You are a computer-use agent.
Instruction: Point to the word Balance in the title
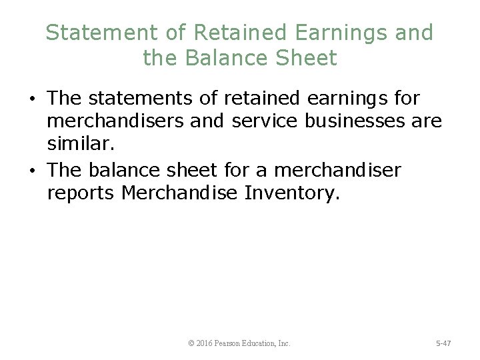point(227,58)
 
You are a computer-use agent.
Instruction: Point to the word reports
point(84,194)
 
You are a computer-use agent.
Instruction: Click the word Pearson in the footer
point(233,343)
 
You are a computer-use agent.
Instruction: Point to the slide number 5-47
point(443,343)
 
